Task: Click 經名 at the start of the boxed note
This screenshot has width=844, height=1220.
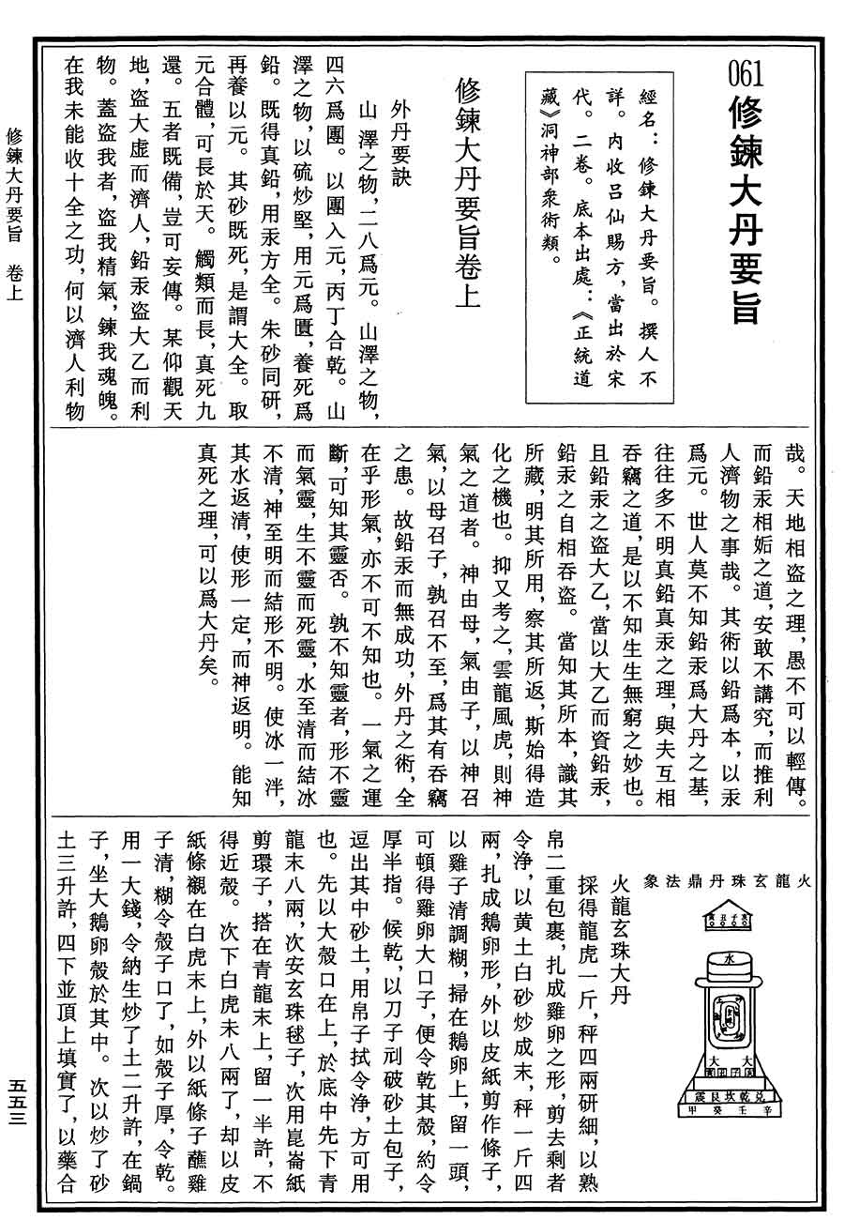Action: click(646, 99)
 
